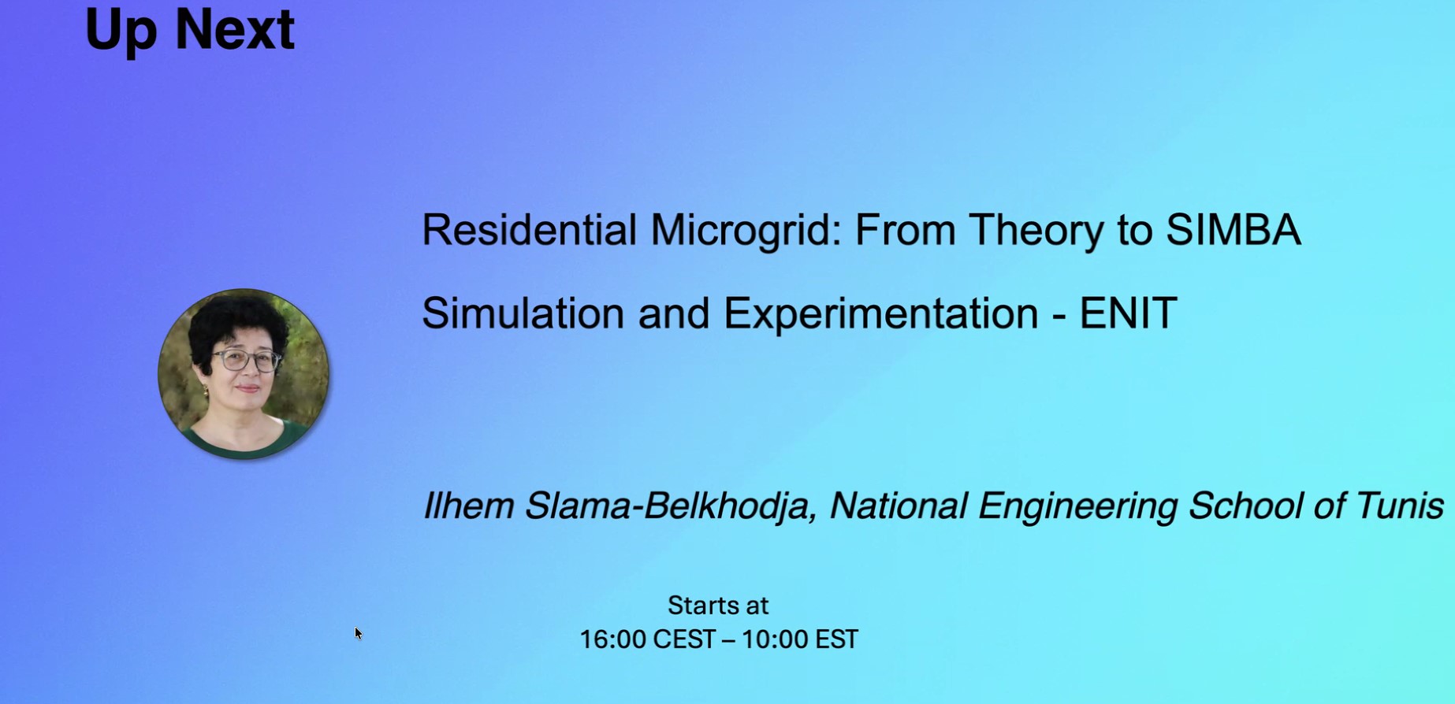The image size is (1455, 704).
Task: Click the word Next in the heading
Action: coord(234,29)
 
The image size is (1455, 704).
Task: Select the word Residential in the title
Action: coord(529,230)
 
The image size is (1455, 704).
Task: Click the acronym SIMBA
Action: coord(1233,230)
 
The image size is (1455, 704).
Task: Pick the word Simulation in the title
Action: coord(523,313)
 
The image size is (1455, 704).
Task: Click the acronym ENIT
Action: coord(1128,313)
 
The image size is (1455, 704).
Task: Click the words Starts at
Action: coord(718,605)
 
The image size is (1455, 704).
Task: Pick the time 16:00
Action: coord(613,639)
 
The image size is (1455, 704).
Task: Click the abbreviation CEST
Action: coord(684,639)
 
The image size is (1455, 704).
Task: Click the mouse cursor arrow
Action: coord(359,633)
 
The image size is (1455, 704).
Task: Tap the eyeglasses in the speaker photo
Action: coord(246,361)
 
